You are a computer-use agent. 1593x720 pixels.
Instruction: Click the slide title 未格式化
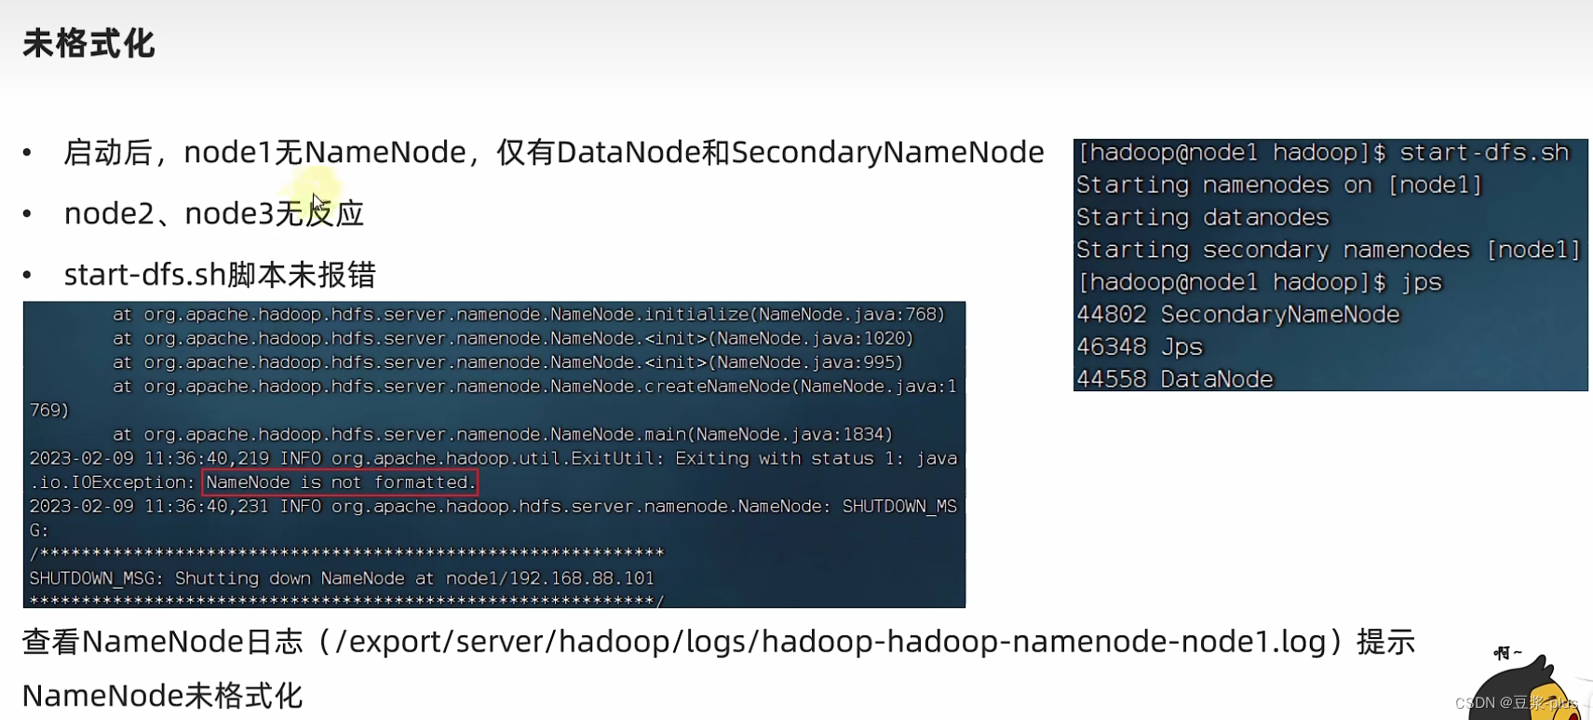(88, 44)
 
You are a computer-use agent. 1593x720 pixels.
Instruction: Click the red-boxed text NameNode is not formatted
(340, 482)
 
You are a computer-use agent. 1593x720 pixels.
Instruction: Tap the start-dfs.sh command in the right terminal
(1484, 153)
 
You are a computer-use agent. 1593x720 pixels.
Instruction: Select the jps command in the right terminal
(1421, 282)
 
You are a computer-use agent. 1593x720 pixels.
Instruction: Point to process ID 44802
(1112, 315)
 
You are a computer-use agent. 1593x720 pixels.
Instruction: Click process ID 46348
(1112, 347)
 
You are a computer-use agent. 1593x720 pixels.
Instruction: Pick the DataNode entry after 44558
(1216, 379)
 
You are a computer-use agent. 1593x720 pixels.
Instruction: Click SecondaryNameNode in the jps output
(1279, 315)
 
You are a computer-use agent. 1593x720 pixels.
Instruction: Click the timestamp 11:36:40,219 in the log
(207, 458)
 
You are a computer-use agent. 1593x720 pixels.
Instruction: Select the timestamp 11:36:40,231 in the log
(207, 507)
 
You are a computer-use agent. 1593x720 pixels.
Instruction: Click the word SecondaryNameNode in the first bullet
(887, 152)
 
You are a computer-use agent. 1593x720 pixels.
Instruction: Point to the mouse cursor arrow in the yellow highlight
(317, 202)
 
